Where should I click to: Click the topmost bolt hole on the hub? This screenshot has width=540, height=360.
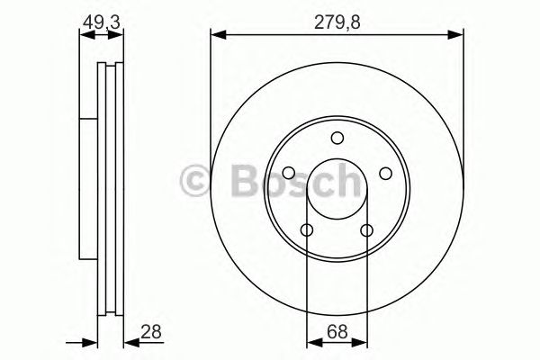(337, 138)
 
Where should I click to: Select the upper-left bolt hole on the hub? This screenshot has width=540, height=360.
(288, 174)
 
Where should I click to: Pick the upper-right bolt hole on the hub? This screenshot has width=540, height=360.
(385, 174)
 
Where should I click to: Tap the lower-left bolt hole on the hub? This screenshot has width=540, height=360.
(306, 231)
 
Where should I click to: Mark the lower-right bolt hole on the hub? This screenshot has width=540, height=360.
(366, 231)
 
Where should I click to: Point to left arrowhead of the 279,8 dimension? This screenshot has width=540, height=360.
(216, 36)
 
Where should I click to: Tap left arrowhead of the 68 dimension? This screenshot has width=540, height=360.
(312, 342)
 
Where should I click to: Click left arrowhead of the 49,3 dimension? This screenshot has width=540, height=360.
(83, 36)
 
